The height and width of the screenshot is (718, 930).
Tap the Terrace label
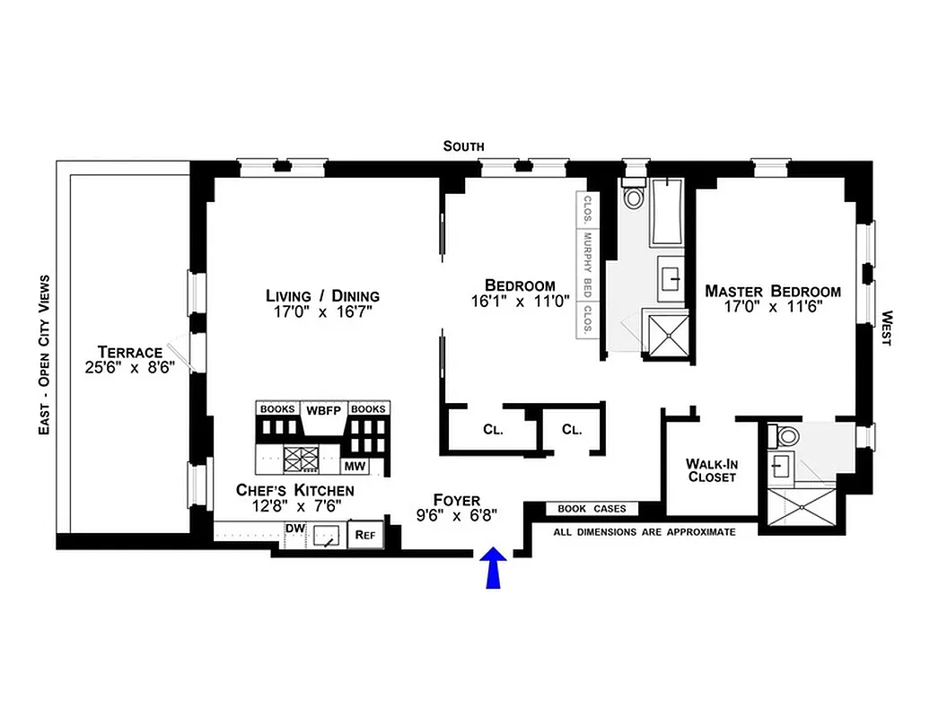(130, 352)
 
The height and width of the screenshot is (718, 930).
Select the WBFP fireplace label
(322, 408)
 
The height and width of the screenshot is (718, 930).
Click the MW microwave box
(354, 467)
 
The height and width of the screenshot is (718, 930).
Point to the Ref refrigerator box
(364, 534)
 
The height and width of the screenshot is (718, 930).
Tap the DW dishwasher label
(294, 529)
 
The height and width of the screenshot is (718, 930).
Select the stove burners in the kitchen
(301, 459)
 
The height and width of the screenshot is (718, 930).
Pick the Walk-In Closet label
(711, 470)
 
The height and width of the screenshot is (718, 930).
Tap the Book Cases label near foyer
(585, 509)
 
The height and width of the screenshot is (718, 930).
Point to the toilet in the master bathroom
(788, 437)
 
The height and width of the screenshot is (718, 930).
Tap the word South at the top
(464, 145)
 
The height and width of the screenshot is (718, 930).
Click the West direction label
(886, 328)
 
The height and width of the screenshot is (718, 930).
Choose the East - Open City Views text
(42, 355)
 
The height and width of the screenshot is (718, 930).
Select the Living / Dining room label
(322, 295)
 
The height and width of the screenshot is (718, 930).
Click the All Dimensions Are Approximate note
(644, 532)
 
